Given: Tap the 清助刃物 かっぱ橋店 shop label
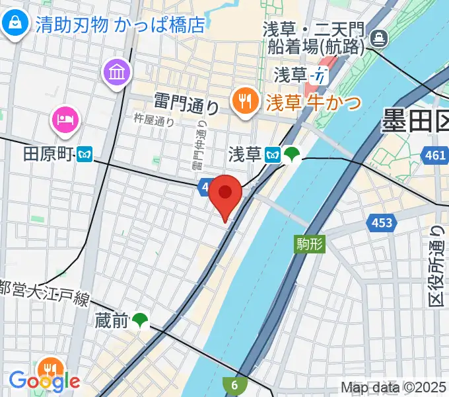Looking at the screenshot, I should (120, 24).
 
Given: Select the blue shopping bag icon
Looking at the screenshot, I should (14, 24).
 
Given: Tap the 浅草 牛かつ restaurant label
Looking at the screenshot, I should (313, 103).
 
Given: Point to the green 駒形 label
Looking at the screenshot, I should (308, 243).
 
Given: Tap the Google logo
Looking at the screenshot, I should (44, 381).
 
